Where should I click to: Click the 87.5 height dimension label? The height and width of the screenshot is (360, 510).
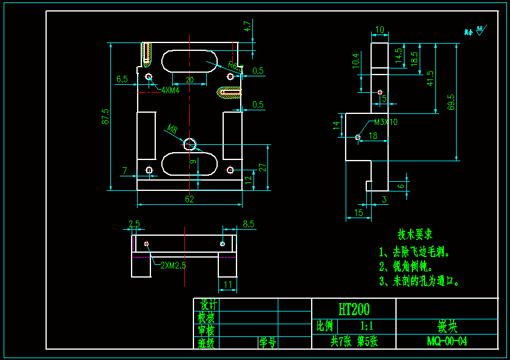click(x=106, y=116)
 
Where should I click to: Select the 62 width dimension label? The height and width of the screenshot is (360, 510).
click(x=189, y=199)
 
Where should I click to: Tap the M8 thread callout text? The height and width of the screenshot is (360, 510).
click(x=172, y=129)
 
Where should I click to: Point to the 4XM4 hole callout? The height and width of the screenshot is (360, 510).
click(x=170, y=90)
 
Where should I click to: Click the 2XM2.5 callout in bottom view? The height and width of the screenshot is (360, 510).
click(x=173, y=265)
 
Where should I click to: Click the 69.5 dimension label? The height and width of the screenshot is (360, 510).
click(x=451, y=102)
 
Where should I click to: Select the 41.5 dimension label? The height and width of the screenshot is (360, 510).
click(x=430, y=78)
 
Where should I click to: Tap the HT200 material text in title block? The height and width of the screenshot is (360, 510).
click(x=354, y=310)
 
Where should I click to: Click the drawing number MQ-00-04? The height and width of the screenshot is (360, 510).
click(x=446, y=341)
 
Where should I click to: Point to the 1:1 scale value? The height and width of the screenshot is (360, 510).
click(x=367, y=326)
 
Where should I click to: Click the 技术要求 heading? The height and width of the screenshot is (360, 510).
click(x=415, y=234)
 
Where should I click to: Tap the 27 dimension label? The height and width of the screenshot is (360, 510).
click(x=263, y=168)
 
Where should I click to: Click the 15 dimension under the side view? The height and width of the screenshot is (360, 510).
click(x=358, y=213)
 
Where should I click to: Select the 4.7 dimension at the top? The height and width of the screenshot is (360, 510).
click(x=247, y=26)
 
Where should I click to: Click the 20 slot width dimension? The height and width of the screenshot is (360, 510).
click(x=189, y=79)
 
